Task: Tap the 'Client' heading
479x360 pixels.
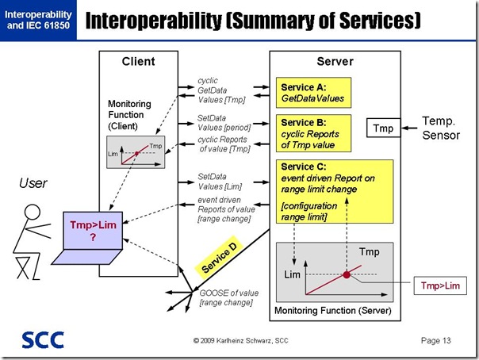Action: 138,61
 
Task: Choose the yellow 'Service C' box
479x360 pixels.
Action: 333,190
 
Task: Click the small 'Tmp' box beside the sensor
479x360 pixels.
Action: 383,127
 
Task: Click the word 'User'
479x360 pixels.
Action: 33,184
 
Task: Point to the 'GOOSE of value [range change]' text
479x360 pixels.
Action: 225,298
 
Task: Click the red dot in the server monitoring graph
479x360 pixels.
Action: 346,274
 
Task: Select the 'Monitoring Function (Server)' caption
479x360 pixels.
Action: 331,309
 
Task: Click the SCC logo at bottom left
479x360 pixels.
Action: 37,339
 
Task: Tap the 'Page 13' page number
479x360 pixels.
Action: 437,341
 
